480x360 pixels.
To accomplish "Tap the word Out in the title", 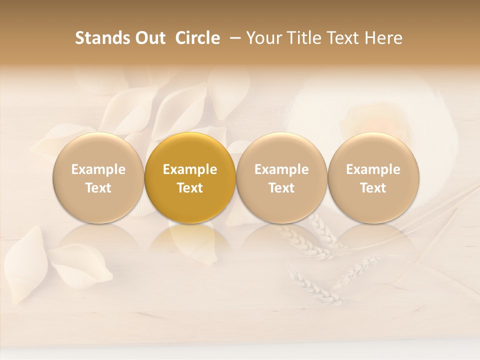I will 149,38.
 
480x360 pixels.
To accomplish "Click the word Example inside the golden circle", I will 190,169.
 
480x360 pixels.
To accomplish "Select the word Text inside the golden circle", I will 190,188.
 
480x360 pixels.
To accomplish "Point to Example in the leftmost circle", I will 98,169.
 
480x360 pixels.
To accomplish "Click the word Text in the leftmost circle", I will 98,188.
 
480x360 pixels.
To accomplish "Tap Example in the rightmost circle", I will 373,169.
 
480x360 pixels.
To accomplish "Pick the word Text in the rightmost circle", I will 373,188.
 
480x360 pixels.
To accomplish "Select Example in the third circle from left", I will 281,169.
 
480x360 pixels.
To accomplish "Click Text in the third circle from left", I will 281,188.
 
